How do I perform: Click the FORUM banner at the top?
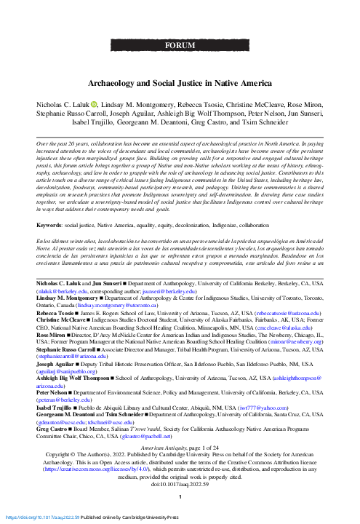point(180,44)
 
